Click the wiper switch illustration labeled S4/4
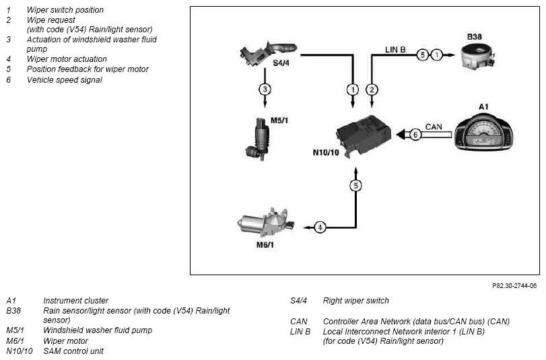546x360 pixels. tap(267, 53)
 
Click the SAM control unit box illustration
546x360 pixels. tap(363, 135)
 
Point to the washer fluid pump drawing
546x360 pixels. tap(258, 139)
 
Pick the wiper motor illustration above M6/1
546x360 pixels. tap(266, 223)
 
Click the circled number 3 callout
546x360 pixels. tap(265, 89)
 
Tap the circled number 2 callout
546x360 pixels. tap(372, 89)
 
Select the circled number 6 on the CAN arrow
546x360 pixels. tap(415, 135)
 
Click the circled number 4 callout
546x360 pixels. tap(320, 227)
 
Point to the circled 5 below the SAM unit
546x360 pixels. tap(355, 186)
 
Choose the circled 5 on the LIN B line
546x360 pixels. tap(422, 55)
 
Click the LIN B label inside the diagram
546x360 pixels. tap(395, 50)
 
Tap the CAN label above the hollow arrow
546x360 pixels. tap(434, 127)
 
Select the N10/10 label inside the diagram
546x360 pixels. tap(326, 153)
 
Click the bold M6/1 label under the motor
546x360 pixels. tap(265, 245)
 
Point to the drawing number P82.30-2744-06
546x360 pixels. tap(514, 286)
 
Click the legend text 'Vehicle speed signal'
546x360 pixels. tap(65, 79)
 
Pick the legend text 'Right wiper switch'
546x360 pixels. tap(356, 301)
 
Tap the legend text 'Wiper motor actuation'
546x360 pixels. tap(67, 59)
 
